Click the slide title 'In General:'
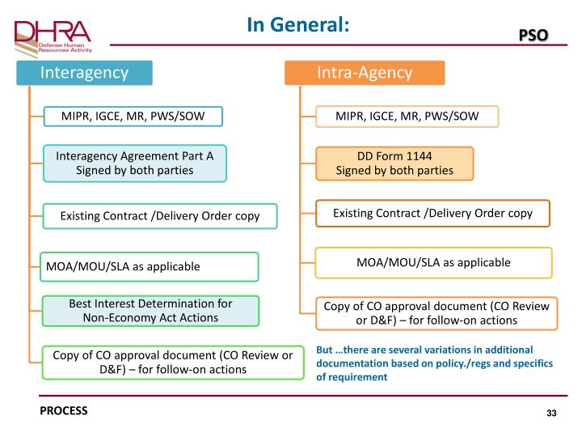pos(298,25)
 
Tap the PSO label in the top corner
pos(533,35)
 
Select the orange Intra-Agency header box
pos(365,73)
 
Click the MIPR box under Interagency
pos(133,117)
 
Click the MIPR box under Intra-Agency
pos(407,117)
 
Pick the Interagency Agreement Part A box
pos(134,163)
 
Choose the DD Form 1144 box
pos(394,163)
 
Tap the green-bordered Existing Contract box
pos(158,216)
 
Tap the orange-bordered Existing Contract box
pos(432,214)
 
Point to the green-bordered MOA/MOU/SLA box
pos(150,266)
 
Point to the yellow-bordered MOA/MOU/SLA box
pos(433,262)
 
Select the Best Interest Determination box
pos(150,311)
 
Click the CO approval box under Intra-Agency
pos(436,313)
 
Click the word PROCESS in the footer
pos(64,410)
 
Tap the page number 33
pos(551,414)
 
